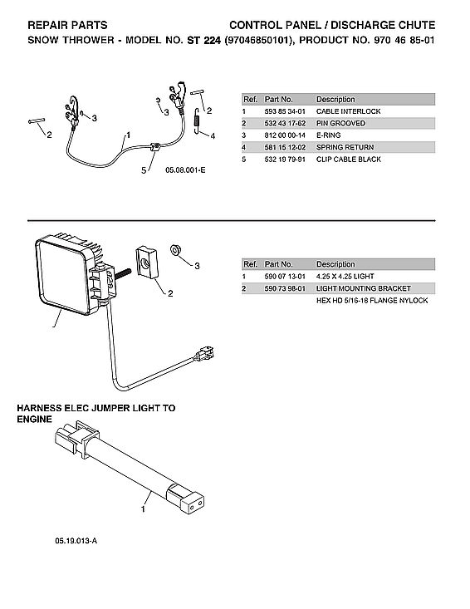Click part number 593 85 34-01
coord(284,111)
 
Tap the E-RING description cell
coord(330,135)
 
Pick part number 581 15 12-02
coord(284,147)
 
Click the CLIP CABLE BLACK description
coord(348,159)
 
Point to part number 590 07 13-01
coord(284,276)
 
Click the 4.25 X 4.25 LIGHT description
coord(345,276)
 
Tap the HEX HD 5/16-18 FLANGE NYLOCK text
coord(371,300)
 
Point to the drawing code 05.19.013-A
coord(77,541)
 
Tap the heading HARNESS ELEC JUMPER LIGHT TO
coord(96,409)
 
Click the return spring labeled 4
coord(197,122)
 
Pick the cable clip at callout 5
coord(155,150)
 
